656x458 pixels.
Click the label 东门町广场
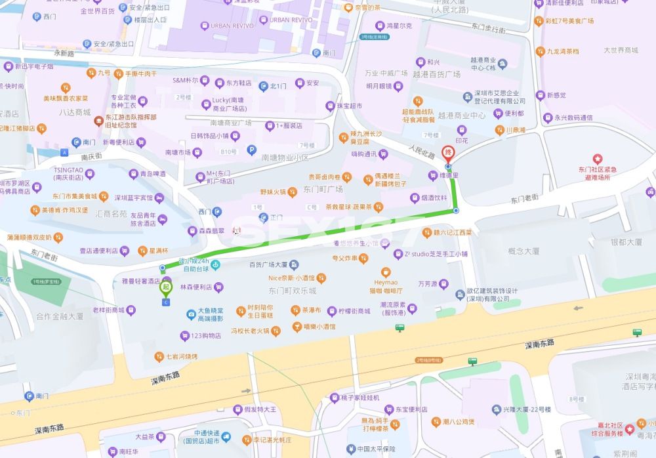pyautogui.click(x=323, y=189)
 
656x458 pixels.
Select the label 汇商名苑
pyautogui.click(x=111, y=213)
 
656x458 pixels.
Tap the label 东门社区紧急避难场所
pyautogui.click(x=598, y=173)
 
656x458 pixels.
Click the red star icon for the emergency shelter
pyautogui.click(x=598, y=158)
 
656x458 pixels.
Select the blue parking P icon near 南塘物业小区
pyautogui.click(x=251, y=150)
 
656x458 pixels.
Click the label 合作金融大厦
pyautogui.click(x=60, y=316)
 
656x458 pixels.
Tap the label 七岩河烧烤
pyautogui.click(x=181, y=356)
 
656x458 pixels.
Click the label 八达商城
pyautogui.click(x=74, y=112)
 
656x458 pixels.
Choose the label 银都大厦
pyautogui.click(x=626, y=242)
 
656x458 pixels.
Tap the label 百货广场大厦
pyautogui.click(x=268, y=264)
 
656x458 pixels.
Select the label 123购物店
pyautogui.click(x=205, y=336)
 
